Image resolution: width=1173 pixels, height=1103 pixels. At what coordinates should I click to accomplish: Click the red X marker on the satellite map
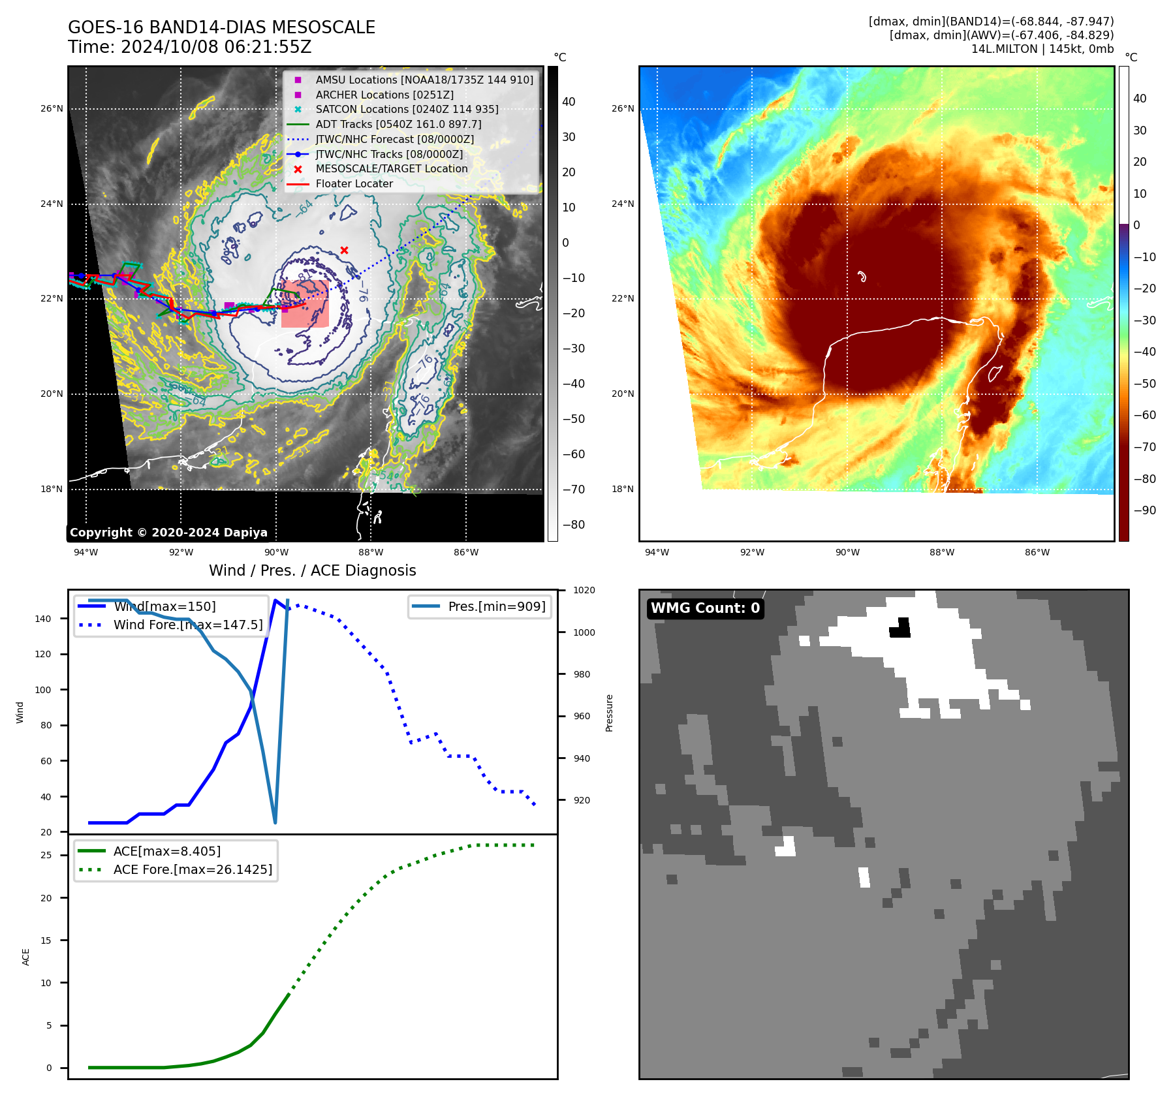click(344, 250)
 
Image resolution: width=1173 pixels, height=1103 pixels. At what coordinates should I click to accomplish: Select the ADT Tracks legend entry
click(398, 124)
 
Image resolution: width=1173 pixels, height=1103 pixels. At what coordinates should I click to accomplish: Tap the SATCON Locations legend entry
click(407, 109)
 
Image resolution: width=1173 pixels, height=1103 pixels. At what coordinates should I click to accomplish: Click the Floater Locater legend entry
click(354, 183)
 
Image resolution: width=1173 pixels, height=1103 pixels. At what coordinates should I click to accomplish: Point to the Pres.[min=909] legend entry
click(496, 606)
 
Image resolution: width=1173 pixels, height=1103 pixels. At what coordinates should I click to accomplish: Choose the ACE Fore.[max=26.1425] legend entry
click(193, 869)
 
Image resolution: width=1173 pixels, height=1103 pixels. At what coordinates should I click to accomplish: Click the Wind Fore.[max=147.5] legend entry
click(188, 625)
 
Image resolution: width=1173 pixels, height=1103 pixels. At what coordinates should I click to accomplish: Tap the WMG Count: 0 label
click(705, 608)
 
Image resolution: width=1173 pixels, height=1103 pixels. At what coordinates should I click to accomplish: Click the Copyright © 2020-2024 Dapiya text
click(168, 533)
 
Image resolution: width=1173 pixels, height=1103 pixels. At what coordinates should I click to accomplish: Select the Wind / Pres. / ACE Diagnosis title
click(312, 570)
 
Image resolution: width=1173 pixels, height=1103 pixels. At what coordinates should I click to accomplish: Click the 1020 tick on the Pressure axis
click(584, 590)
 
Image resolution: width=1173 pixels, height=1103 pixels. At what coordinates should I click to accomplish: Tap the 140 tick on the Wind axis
click(43, 619)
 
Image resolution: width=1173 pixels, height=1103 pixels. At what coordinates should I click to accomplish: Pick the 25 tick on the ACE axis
click(46, 855)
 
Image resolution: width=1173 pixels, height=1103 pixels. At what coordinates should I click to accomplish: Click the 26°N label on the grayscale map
click(52, 108)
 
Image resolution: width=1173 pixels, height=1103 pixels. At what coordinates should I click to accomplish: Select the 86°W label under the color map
click(1037, 552)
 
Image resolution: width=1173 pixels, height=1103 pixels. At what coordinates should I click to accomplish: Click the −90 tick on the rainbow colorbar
click(1144, 510)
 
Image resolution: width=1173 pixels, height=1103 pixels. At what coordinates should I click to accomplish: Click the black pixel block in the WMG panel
click(900, 629)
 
